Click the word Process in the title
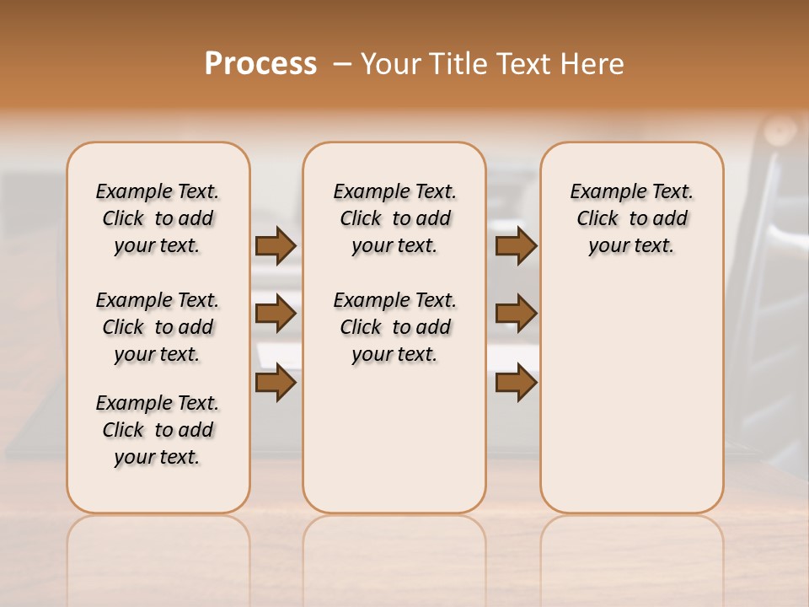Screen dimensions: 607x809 click(x=260, y=64)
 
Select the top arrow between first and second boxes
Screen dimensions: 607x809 click(x=276, y=245)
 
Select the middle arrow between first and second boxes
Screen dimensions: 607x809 click(x=276, y=314)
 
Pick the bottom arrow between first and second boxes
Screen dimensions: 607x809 click(x=276, y=382)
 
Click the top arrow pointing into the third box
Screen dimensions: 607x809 click(x=516, y=245)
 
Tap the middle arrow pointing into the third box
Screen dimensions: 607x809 click(x=516, y=314)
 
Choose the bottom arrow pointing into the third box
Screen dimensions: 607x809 click(x=516, y=382)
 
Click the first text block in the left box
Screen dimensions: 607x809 click(x=158, y=218)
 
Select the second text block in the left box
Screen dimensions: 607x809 click(x=158, y=327)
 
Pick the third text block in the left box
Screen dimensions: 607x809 click(x=158, y=430)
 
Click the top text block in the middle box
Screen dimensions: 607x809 click(x=394, y=218)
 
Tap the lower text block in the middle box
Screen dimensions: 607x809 click(x=394, y=327)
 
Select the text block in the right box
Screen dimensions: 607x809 click(x=631, y=218)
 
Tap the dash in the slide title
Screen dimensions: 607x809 click(x=342, y=64)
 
